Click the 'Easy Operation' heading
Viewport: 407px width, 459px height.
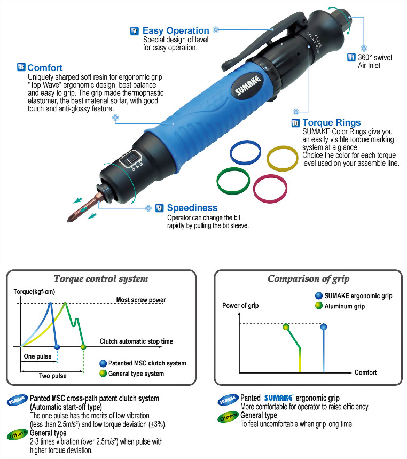coord(176,30)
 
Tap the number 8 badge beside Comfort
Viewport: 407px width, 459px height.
coord(21,67)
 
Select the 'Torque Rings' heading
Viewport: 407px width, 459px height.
coord(331,122)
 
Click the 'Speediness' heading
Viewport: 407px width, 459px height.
coord(192,207)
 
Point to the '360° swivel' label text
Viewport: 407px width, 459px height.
coord(375,57)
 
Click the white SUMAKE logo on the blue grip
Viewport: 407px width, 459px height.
coord(247,85)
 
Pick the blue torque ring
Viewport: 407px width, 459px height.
coord(245,152)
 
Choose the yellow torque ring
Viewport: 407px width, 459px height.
coord(283,158)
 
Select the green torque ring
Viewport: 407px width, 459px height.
coord(233,181)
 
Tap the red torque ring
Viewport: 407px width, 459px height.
coord(270,189)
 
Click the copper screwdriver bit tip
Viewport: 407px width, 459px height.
coord(69,220)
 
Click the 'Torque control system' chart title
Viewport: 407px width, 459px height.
coord(101,279)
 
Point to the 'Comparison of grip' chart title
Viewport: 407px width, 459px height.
coord(308,279)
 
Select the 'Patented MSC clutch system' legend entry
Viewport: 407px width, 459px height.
coord(143,363)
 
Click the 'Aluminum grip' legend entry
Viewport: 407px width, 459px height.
coord(340,306)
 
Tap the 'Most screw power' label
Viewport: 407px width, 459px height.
coord(141,300)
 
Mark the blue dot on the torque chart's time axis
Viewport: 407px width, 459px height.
coord(57,347)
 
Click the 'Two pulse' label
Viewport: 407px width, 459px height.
coord(53,376)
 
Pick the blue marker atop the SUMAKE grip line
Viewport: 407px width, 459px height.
coord(324,326)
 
